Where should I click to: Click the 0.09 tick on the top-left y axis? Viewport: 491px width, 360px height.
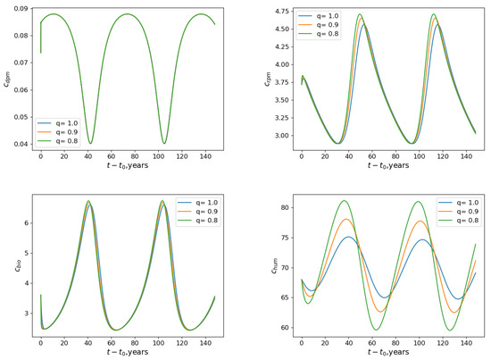[18, 9]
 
